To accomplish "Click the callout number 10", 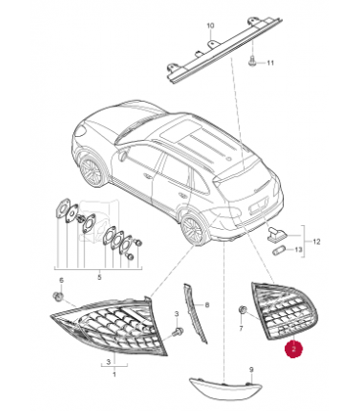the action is click(x=210, y=25).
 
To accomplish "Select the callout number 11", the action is click(x=270, y=63).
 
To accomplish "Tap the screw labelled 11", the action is click(x=251, y=61).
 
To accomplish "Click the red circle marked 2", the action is click(x=293, y=349).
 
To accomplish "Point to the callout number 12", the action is click(x=316, y=242).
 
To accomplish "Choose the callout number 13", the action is click(x=298, y=250).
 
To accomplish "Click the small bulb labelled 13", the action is click(x=279, y=251).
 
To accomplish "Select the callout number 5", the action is click(x=99, y=277).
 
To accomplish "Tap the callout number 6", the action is click(x=61, y=280).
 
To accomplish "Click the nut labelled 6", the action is click(x=58, y=297).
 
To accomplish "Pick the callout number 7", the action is click(x=241, y=328).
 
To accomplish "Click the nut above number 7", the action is click(x=243, y=310).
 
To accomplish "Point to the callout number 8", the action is click(x=206, y=305).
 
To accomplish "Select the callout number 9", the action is click(x=251, y=370).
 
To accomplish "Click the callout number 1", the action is click(x=114, y=375).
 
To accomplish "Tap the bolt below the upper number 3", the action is click(x=178, y=332).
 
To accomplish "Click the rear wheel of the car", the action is click(x=193, y=227).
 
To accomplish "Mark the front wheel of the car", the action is click(x=91, y=170).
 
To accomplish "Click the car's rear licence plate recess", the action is click(x=258, y=207).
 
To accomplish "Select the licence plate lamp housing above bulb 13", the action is click(x=277, y=234).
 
